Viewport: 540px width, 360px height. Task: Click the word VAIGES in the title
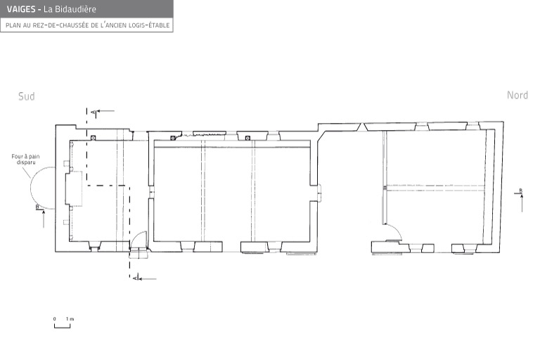21,9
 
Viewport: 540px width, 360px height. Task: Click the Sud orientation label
27,96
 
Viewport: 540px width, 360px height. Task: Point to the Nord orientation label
517,95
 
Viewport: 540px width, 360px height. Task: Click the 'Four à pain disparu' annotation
25,159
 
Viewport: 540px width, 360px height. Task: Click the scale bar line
63,327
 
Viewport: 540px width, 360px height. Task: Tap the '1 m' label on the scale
70,319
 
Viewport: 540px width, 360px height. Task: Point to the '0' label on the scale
54,319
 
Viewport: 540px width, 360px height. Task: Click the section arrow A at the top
103,111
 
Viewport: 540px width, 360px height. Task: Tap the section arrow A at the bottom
145,278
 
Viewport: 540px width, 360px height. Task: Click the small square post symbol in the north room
385,188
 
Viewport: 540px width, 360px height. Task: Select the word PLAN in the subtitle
13,25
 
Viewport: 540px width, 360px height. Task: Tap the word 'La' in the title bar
48,9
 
